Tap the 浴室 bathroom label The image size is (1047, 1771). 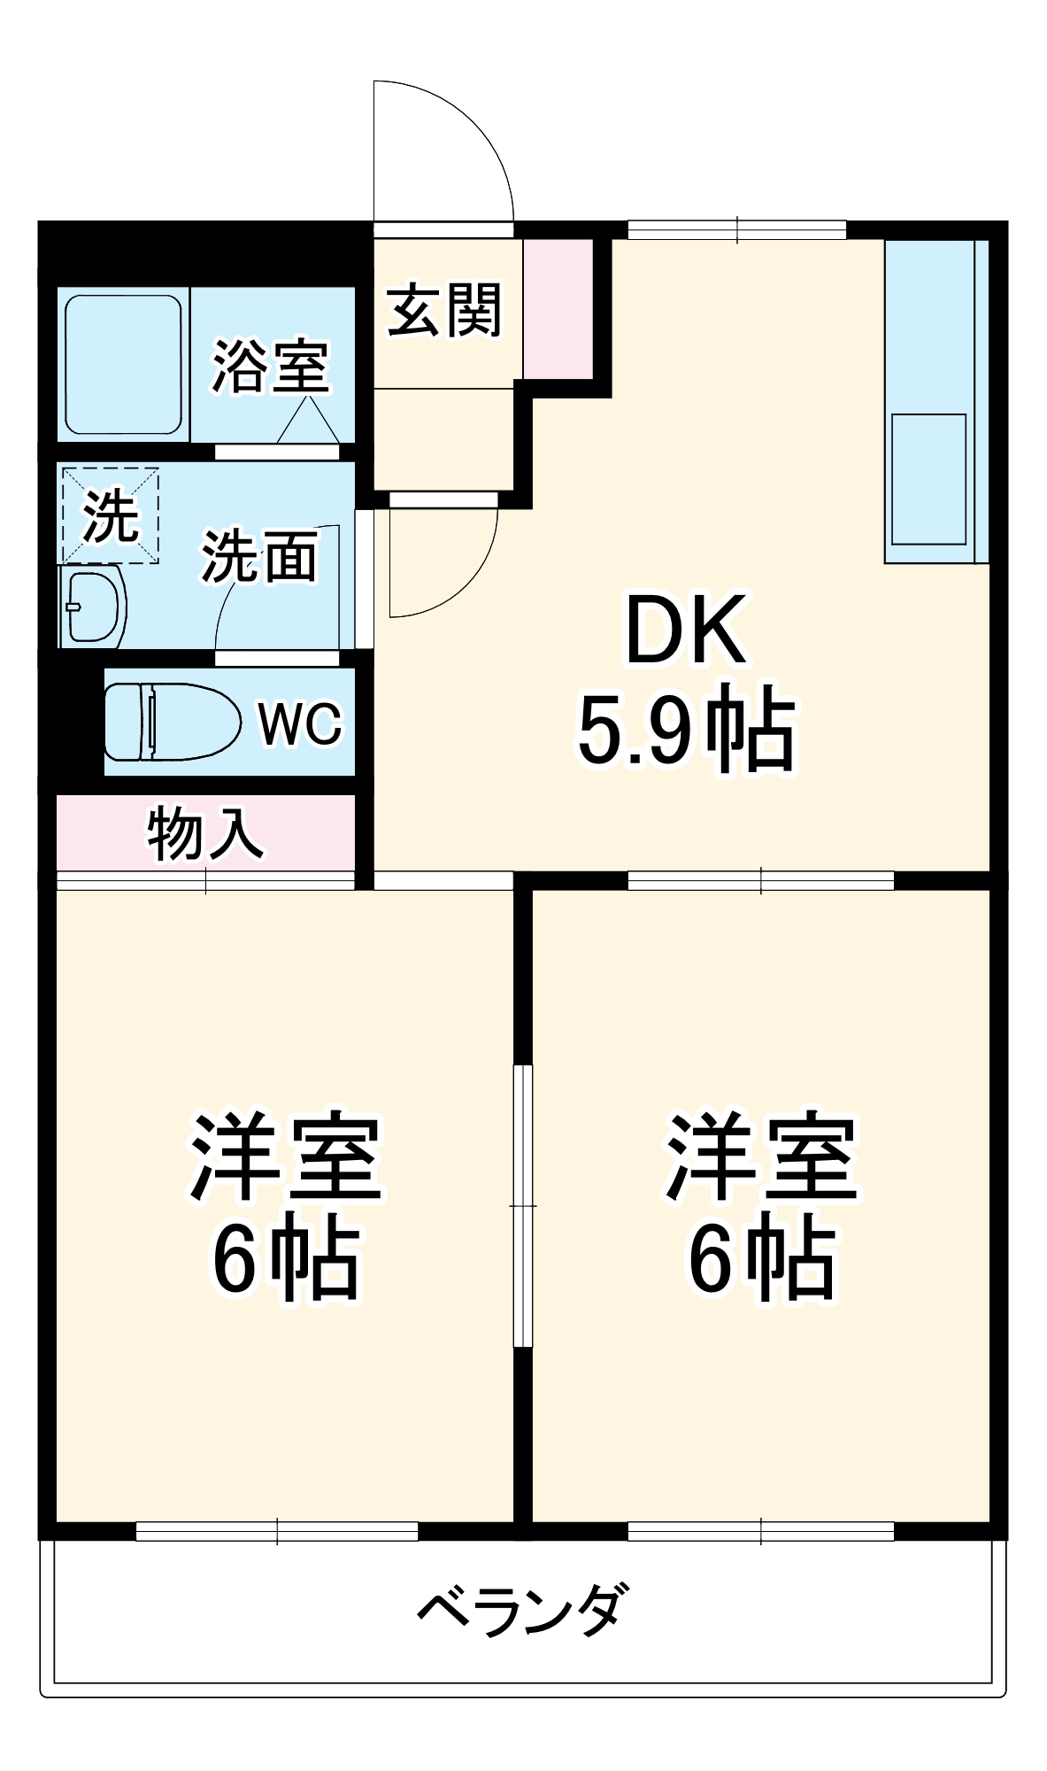click(270, 365)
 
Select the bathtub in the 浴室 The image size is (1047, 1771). click(124, 364)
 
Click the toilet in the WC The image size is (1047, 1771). click(172, 722)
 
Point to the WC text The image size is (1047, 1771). click(300, 723)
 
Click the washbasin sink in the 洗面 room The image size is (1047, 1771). click(92, 608)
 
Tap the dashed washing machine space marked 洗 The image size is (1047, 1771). click(110, 515)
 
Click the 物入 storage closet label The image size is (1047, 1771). click(205, 832)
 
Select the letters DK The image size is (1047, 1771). click(686, 630)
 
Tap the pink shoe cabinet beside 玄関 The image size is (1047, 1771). click(558, 308)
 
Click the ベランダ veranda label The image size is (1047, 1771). click(522, 1609)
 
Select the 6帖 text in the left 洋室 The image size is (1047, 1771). click(285, 1260)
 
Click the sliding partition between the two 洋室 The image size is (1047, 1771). click(523, 1206)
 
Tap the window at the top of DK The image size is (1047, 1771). click(737, 230)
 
